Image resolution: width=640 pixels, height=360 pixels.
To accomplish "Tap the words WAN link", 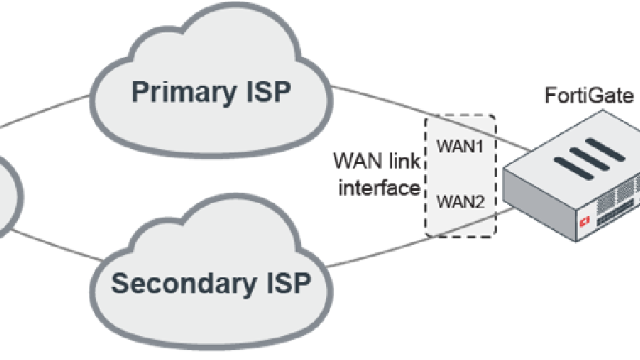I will coord(375,158).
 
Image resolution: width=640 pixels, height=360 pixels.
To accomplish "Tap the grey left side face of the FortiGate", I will coord(539,210).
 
